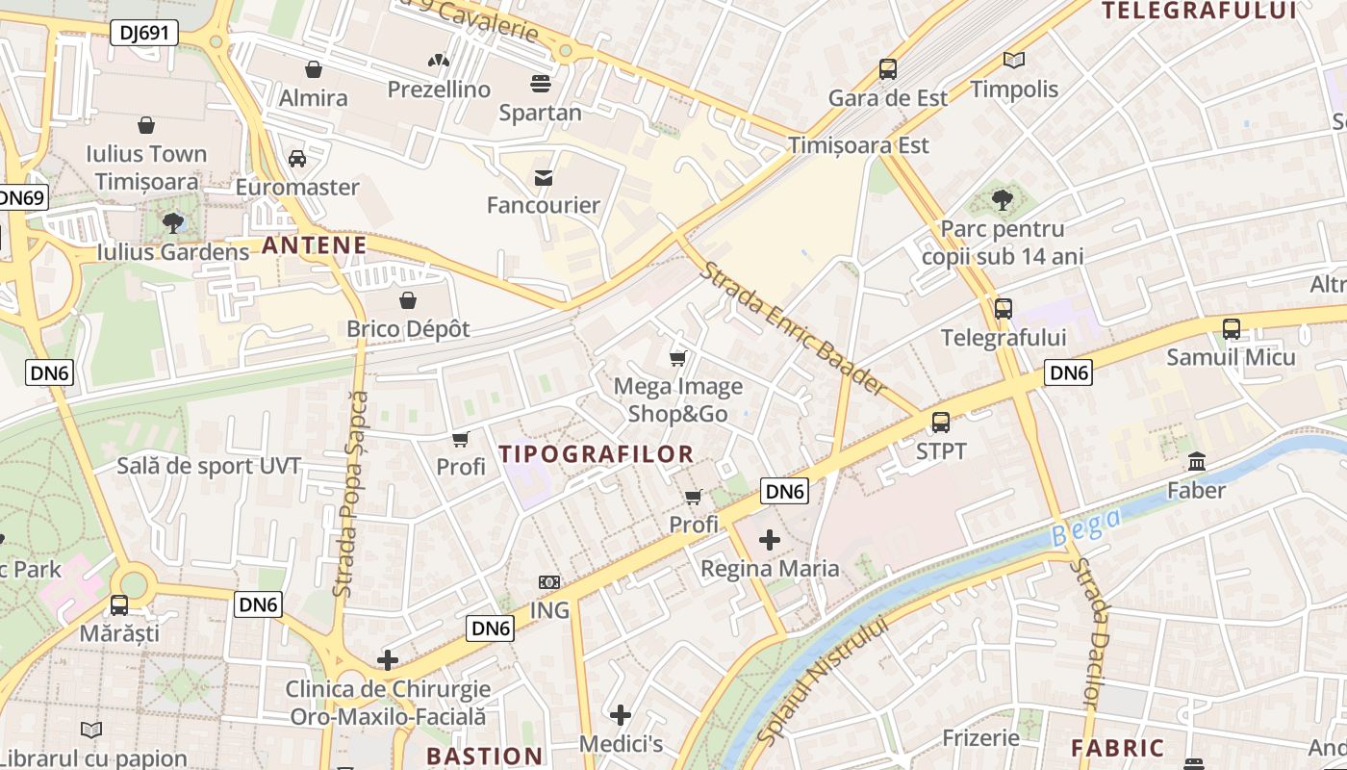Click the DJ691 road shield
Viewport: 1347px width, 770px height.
click(144, 33)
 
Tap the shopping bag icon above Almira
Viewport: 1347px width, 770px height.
click(313, 69)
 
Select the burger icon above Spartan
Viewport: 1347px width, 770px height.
click(541, 84)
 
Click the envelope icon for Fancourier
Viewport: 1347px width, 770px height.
click(544, 177)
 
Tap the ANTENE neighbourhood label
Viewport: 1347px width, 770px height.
click(315, 245)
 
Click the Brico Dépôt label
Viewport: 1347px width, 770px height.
click(408, 328)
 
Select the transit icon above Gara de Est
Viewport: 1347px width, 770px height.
click(887, 69)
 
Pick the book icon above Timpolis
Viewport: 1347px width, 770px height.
click(1013, 61)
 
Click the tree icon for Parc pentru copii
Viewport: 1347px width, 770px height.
click(1002, 200)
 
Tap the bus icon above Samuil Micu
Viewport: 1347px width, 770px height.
click(1231, 329)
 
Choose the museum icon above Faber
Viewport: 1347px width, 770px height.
click(1196, 462)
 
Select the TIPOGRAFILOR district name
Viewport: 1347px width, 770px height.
click(596, 454)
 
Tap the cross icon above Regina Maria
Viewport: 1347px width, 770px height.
click(769, 540)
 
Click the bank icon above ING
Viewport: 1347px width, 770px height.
click(548, 582)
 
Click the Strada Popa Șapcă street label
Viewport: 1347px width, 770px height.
click(349, 493)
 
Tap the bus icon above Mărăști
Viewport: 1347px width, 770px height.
click(119, 605)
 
